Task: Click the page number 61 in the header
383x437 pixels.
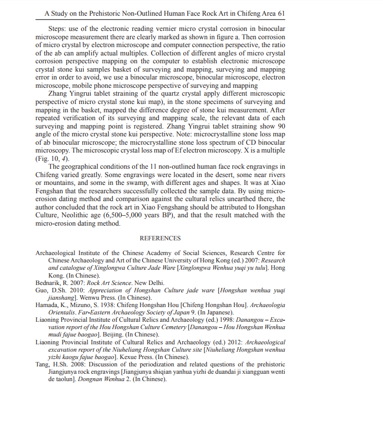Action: (281, 14)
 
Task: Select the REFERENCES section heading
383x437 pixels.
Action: (160, 238)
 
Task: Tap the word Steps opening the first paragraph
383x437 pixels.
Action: (57, 30)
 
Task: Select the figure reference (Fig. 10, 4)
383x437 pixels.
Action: (52, 159)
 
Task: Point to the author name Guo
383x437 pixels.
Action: (42, 290)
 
